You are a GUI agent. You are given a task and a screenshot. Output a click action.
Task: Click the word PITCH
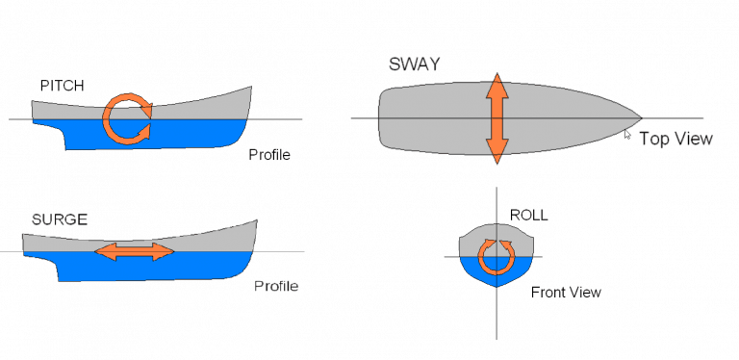[x=62, y=86]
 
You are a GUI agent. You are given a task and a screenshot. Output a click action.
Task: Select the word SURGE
[x=59, y=219]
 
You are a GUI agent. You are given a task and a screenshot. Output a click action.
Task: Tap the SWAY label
[x=416, y=64]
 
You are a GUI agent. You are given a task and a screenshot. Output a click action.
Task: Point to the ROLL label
[x=528, y=215]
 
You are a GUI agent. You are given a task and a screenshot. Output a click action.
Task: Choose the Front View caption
[x=566, y=292]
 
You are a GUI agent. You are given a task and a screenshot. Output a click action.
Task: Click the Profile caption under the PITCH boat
[x=269, y=154]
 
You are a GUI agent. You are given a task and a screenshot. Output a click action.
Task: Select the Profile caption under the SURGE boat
[x=276, y=286]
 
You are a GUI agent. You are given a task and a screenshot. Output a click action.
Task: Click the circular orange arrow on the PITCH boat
[x=128, y=118]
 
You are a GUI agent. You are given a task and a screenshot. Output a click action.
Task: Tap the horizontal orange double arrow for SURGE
[x=135, y=252]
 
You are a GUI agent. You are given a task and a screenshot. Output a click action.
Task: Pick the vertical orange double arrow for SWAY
[x=497, y=117]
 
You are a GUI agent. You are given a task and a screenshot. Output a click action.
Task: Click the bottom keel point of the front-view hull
[x=497, y=287]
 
